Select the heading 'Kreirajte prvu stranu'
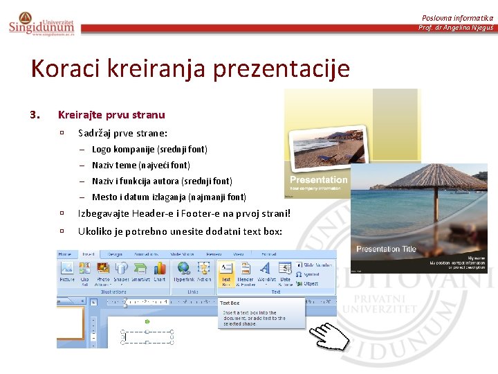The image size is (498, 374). pyautogui.click(x=111, y=114)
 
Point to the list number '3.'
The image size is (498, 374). pyautogui.click(x=35, y=114)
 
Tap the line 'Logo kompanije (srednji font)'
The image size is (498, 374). pyautogui.click(x=149, y=149)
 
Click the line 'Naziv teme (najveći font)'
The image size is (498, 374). pyautogui.click(x=140, y=166)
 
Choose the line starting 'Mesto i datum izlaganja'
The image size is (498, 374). pyautogui.click(x=169, y=197)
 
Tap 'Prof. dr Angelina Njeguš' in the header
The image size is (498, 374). pyautogui.click(x=455, y=28)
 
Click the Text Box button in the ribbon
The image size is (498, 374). pyautogui.click(x=225, y=273)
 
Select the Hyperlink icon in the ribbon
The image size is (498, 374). pyautogui.click(x=184, y=273)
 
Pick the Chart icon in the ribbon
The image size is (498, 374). pyautogui.click(x=160, y=273)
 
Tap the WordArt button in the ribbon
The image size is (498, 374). pyautogui.click(x=266, y=273)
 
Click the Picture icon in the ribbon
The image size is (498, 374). pyautogui.click(x=67, y=273)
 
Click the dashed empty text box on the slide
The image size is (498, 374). pyautogui.click(x=148, y=337)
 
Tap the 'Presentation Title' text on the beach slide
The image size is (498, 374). pyautogui.click(x=386, y=249)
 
